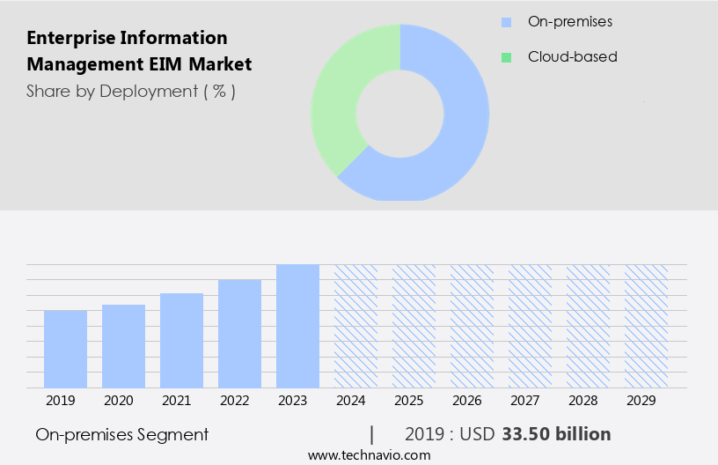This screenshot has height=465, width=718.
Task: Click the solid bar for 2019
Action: pos(65,349)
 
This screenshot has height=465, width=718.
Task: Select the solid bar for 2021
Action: pos(181,340)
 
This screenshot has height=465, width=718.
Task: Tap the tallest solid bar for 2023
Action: pos(297,326)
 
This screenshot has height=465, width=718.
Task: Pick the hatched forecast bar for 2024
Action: pos(355,326)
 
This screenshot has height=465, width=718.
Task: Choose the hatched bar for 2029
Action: pos(646,326)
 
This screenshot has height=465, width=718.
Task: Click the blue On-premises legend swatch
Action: pos(506,22)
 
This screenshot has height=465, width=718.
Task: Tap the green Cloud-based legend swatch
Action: pos(506,57)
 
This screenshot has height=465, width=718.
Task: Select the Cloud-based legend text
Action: pos(572,57)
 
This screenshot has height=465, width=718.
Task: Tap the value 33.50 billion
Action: pos(556,434)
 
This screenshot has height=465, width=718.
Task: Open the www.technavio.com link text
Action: pos(370,454)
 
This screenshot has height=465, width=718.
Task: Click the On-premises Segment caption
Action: pos(122,434)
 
